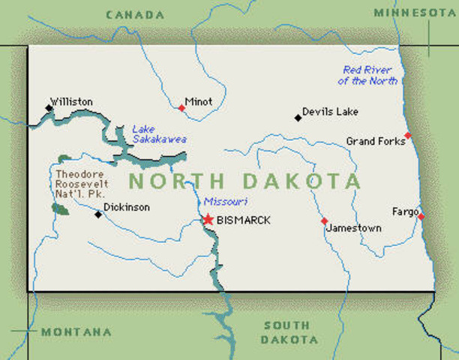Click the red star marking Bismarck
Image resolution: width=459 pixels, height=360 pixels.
(208, 219)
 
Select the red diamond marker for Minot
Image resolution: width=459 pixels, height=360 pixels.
(181, 108)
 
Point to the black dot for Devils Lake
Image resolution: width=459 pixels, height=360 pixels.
(298, 118)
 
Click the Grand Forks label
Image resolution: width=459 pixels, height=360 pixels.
(373, 141)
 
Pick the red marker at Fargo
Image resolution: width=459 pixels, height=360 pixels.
(421, 217)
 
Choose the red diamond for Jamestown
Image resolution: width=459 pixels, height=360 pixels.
(324, 221)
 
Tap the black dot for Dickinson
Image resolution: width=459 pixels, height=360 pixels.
(97, 214)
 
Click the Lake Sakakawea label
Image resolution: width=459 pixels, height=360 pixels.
(159, 133)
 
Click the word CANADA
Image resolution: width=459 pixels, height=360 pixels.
(135, 14)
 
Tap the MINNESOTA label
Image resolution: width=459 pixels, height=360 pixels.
(415, 13)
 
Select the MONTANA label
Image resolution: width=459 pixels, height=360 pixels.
(76, 331)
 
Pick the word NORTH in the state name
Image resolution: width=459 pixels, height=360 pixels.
(176, 181)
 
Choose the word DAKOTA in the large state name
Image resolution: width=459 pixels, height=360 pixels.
(301, 181)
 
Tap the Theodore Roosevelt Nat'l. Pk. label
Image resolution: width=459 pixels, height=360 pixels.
(82, 183)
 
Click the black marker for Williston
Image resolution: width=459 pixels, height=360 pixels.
(49, 109)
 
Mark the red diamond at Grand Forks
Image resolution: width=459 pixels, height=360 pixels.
(407, 136)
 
